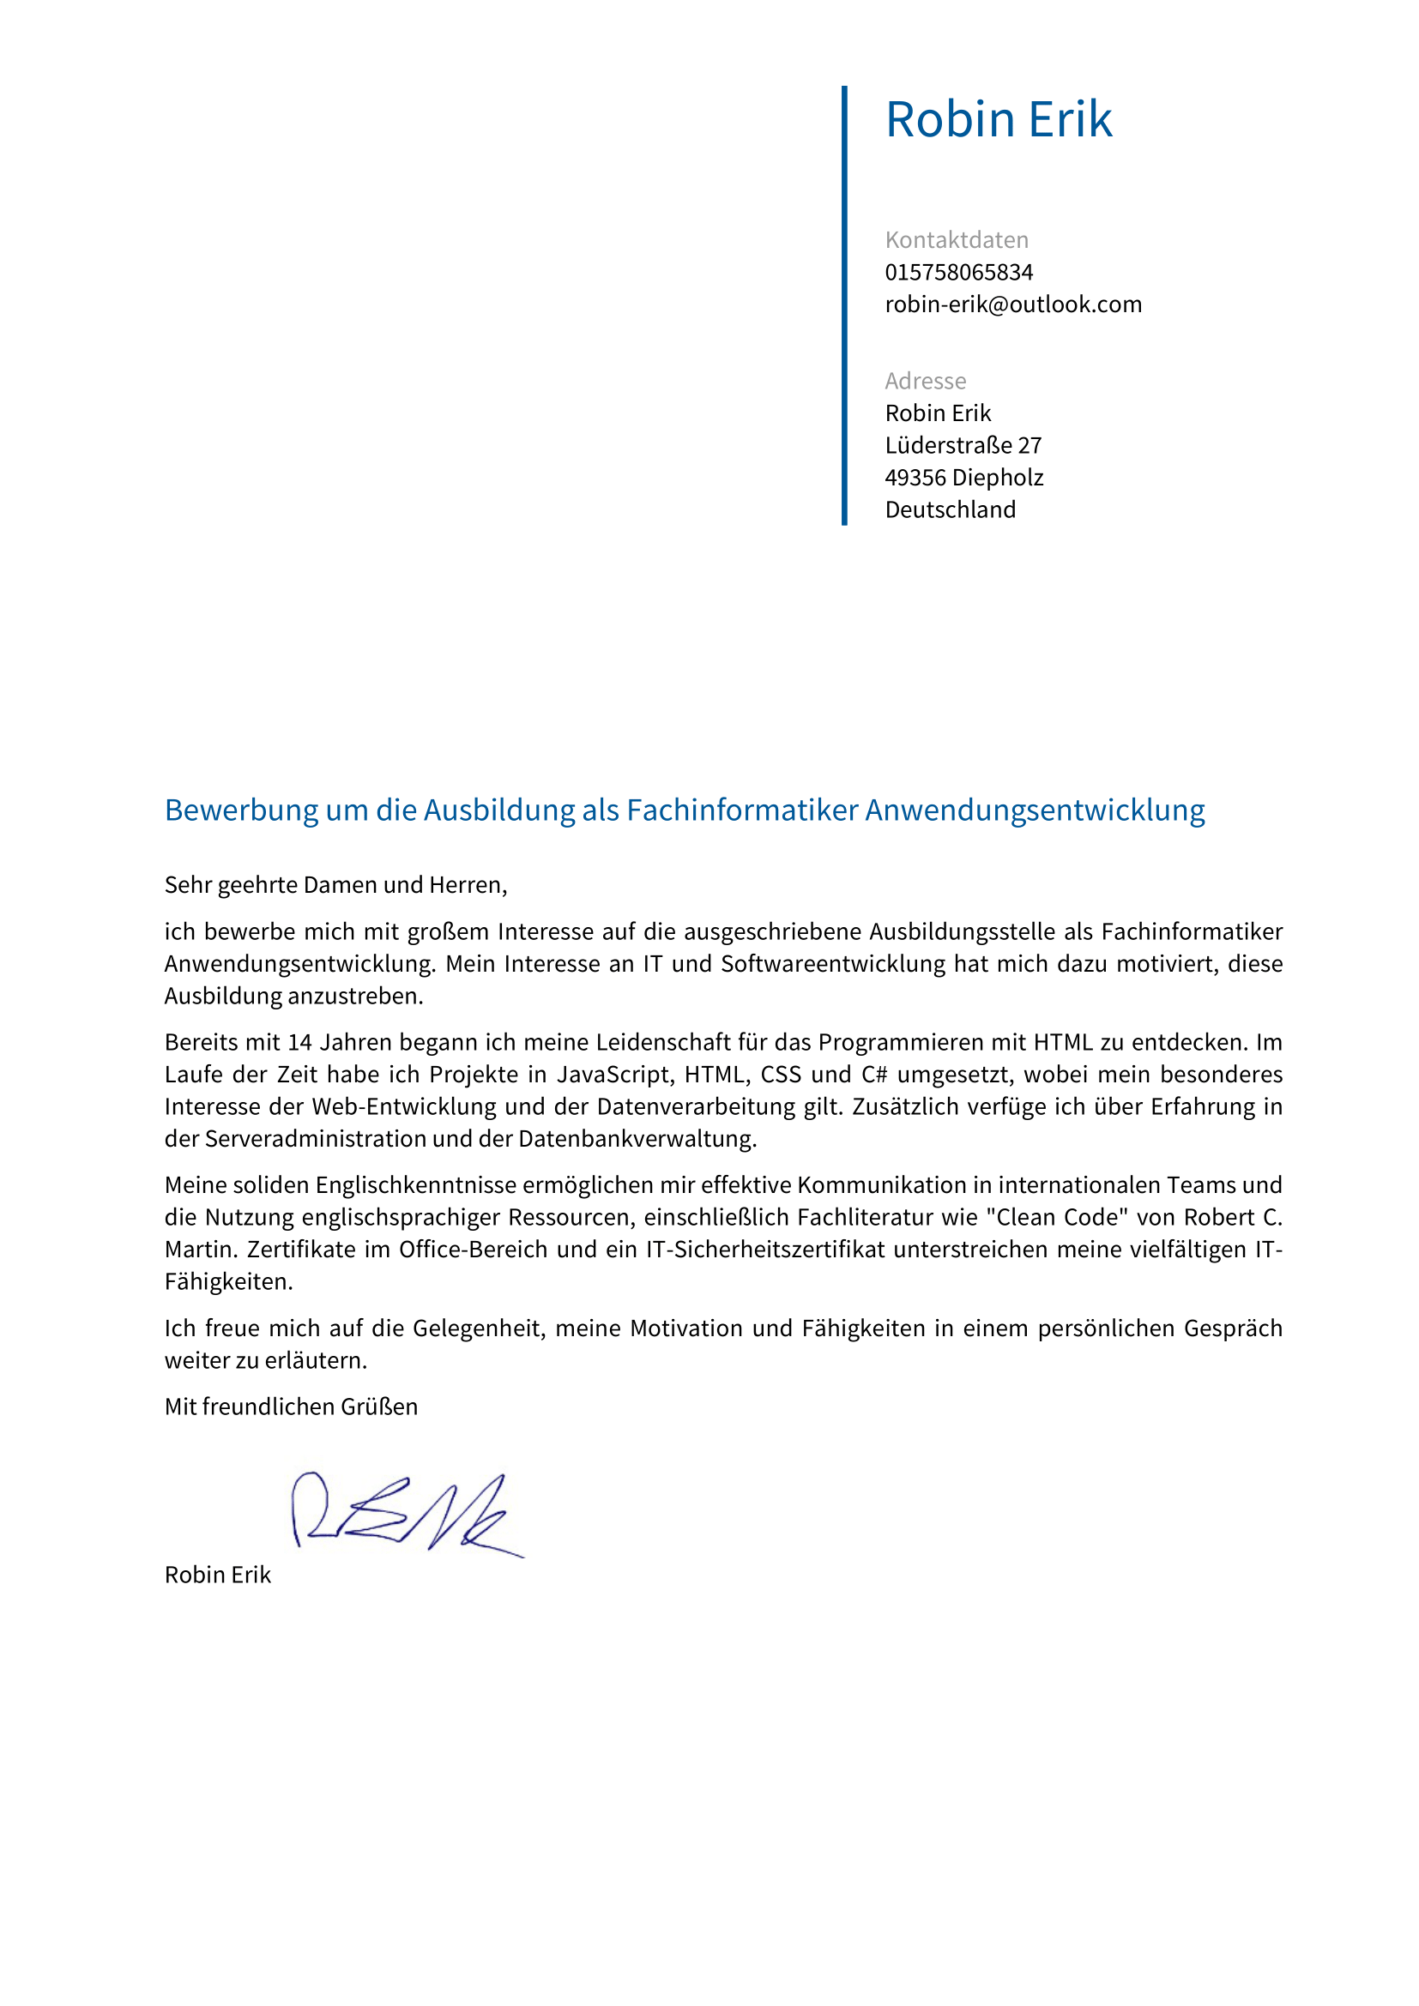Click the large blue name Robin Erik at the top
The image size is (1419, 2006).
coord(998,120)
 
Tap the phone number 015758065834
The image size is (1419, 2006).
coord(958,273)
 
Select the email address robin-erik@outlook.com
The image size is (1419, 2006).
coord(1012,305)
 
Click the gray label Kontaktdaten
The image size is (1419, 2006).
coord(956,240)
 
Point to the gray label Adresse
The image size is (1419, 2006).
coord(926,381)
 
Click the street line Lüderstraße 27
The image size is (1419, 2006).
coord(963,446)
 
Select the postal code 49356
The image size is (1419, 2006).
coord(915,478)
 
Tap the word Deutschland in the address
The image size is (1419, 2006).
coord(950,510)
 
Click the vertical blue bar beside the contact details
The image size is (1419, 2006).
coord(844,306)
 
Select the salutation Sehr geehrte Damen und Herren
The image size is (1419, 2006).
coord(335,885)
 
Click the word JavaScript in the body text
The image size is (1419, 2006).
coord(612,1075)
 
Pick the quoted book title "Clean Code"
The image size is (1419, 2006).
coord(1058,1218)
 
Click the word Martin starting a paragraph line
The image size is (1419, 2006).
coord(199,1250)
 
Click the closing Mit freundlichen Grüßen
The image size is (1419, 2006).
coord(291,1407)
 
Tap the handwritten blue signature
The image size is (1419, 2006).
coord(407,1514)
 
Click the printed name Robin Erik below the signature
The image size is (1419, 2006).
coord(218,1575)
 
